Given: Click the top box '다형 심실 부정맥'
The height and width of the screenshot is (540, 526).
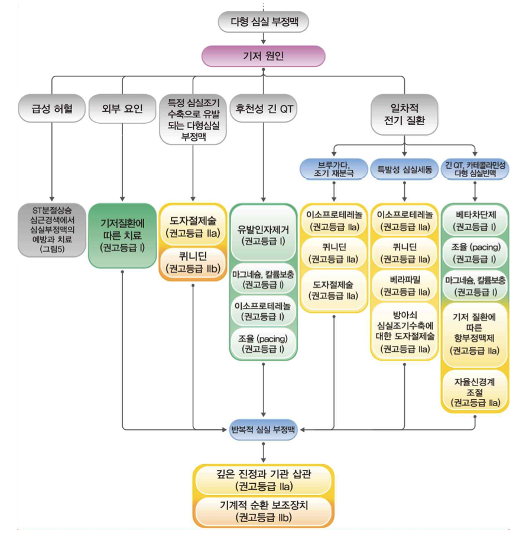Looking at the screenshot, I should click(262, 22).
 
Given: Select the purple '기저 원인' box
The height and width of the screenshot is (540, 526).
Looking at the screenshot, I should click(263, 57).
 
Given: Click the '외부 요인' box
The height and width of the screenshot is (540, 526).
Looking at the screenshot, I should click(122, 108).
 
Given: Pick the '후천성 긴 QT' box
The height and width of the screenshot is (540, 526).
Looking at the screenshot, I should click(262, 108).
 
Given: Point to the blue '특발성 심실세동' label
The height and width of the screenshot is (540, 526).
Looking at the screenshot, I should click(404, 169).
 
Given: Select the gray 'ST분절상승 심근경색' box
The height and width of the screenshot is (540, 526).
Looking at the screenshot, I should click(52, 230).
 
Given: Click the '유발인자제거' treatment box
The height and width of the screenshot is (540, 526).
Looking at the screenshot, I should click(263, 233).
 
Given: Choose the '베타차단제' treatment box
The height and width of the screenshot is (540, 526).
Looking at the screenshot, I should click(476, 220).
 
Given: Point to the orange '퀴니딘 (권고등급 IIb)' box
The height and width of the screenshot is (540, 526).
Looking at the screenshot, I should click(193, 262).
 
